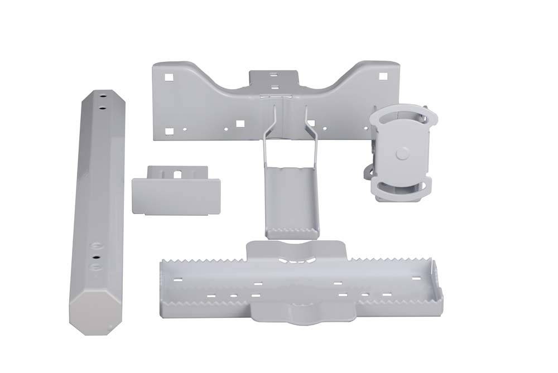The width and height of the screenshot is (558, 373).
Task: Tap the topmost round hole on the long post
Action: [x=103, y=96]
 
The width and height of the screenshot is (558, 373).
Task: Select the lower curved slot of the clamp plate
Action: [x=401, y=187]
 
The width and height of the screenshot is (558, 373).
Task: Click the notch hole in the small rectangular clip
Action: [x=177, y=174]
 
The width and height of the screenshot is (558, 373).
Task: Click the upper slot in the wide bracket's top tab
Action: [x=273, y=74]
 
